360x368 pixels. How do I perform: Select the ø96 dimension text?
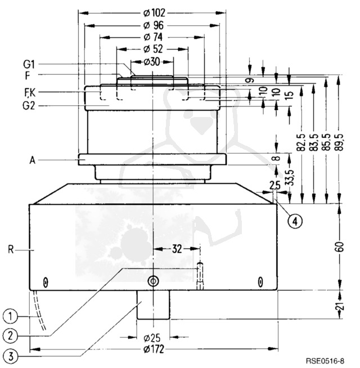point(152,25)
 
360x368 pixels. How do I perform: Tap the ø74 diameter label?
point(152,37)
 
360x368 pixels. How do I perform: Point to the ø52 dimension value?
point(152,49)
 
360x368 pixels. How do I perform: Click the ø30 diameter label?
point(152,61)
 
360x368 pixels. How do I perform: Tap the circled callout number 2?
point(10,335)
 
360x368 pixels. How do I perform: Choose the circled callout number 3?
point(10,356)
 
